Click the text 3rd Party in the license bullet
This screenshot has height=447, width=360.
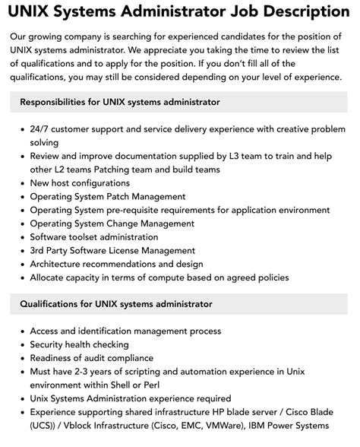point(52,251)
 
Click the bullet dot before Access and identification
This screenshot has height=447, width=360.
point(20,331)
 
